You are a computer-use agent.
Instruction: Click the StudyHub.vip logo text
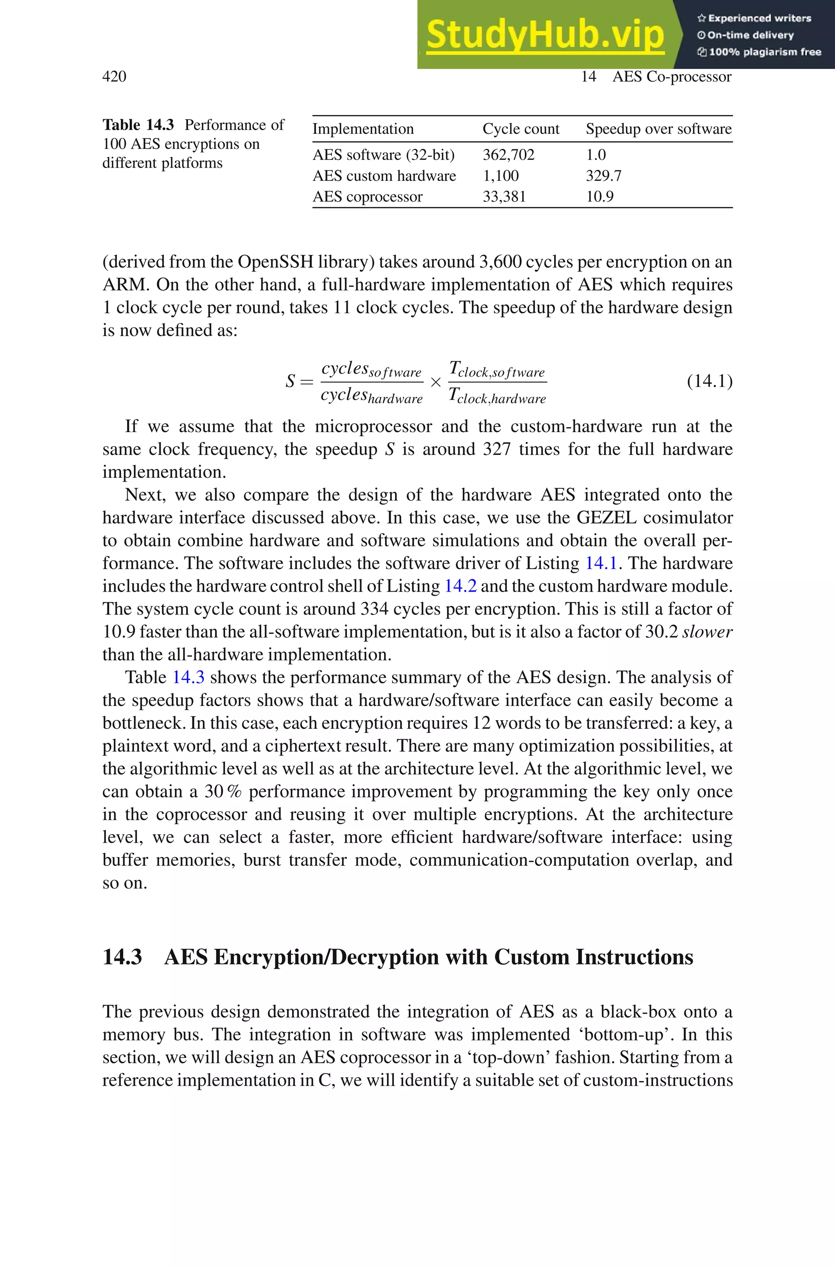coord(545,35)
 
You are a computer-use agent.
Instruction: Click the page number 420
coord(114,77)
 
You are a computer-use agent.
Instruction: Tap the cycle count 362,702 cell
coord(508,155)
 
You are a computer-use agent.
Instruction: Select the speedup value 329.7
coord(603,176)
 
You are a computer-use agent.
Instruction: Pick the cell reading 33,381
coord(504,197)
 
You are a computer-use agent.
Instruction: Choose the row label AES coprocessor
coord(367,197)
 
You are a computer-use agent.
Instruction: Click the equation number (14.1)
coord(709,381)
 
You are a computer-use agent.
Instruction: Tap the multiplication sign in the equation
coord(435,383)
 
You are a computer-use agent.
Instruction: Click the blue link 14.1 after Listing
coord(601,563)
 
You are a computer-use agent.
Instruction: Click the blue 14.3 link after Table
coord(188,677)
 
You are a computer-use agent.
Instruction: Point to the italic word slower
coord(707,632)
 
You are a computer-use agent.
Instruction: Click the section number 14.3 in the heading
coord(122,957)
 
